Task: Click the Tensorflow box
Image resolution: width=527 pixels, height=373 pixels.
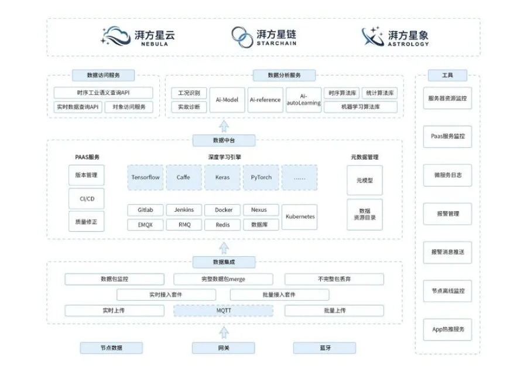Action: coord(146,178)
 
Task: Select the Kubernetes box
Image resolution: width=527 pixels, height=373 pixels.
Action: coord(299,217)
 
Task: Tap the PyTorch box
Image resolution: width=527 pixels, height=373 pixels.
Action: coord(261,178)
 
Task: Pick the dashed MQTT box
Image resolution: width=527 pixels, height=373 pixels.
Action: coord(224,310)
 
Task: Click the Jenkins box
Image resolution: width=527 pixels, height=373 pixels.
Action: coord(184,210)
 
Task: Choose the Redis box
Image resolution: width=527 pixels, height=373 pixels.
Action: coord(223,225)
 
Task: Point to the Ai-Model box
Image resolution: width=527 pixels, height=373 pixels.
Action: coord(227,100)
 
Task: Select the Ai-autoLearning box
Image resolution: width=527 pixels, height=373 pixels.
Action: coord(303,100)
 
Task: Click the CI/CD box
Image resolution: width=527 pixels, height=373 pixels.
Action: coord(87,199)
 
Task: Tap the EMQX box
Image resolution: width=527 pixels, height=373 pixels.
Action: coord(146,225)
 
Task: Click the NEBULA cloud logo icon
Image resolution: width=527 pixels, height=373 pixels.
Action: coord(115,36)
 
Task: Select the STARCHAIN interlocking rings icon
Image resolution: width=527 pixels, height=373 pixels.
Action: coord(242,37)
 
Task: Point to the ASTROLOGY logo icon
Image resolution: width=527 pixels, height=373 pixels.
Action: coord(372,36)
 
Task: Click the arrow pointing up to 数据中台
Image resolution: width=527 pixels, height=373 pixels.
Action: coord(224,126)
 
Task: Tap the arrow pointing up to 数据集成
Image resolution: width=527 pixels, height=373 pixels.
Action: coord(224,248)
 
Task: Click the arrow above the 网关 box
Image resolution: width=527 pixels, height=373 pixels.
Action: coord(224,333)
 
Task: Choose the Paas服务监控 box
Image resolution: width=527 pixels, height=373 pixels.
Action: coord(447,137)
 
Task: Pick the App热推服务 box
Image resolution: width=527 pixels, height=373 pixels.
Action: coord(447,330)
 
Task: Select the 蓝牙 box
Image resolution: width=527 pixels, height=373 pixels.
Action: coord(324,348)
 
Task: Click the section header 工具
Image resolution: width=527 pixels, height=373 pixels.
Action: coord(447,76)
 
